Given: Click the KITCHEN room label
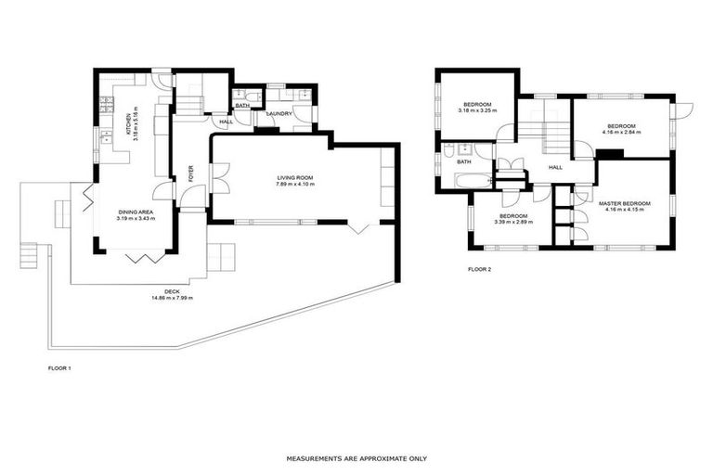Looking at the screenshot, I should [129, 124].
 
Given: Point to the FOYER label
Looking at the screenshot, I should [191, 173].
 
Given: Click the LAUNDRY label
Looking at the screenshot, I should [279, 114].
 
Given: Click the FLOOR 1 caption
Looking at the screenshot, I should [58, 368].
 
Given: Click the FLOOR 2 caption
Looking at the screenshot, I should [479, 271].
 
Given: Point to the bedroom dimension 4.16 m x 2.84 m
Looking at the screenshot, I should [621, 132].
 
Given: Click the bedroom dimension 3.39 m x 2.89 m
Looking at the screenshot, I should [513, 223].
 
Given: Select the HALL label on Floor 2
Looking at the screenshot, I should [555, 167].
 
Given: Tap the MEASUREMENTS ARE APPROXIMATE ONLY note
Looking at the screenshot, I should [356, 458].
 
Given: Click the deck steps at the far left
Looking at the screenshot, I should [30, 253].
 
